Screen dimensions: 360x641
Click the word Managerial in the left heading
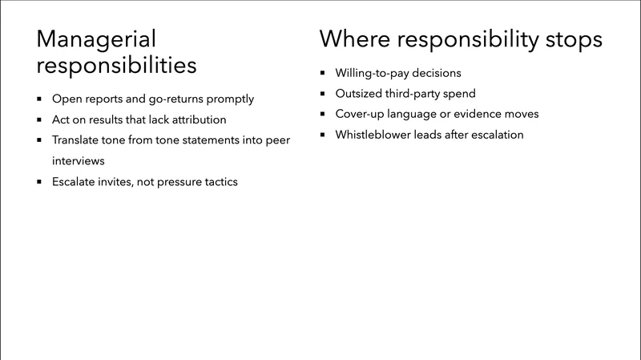point(97,39)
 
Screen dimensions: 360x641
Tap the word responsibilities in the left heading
point(116,66)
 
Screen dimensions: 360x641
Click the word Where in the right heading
point(353,39)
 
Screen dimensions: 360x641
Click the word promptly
point(229,99)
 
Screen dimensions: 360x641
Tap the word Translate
point(78,140)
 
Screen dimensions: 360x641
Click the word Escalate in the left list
point(75,181)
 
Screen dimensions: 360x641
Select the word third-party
point(419,94)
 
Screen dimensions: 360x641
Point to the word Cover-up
point(361,114)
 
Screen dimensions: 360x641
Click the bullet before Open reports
point(40,99)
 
